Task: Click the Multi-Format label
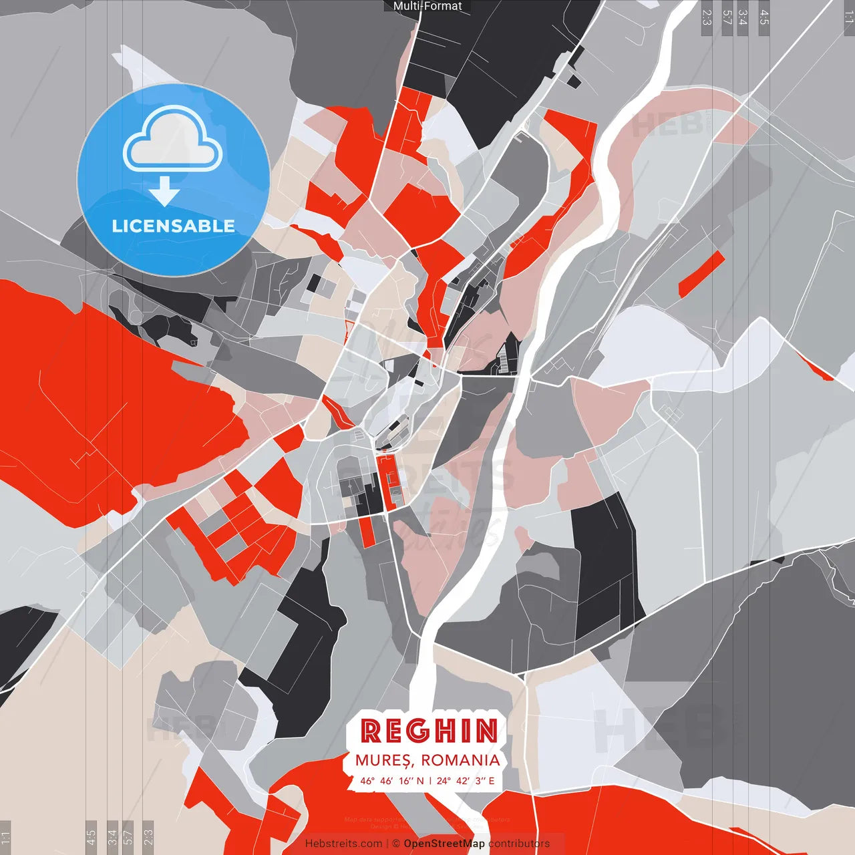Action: pos(427,6)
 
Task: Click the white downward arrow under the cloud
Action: pos(164,192)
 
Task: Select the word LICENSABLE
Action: pos(173,226)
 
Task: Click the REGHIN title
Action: pos(429,731)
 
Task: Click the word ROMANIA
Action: pos(460,760)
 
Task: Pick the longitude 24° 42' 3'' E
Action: pos(466,780)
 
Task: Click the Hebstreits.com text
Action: pos(343,844)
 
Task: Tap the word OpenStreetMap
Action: pos(444,844)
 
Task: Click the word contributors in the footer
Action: pos(519,844)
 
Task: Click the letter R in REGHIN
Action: pos(371,731)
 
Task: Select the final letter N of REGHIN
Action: pos(486,731)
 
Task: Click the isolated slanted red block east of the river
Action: pos(701,274)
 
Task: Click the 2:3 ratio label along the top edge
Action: pos(707,17)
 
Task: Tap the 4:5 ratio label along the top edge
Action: pos(764,17)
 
